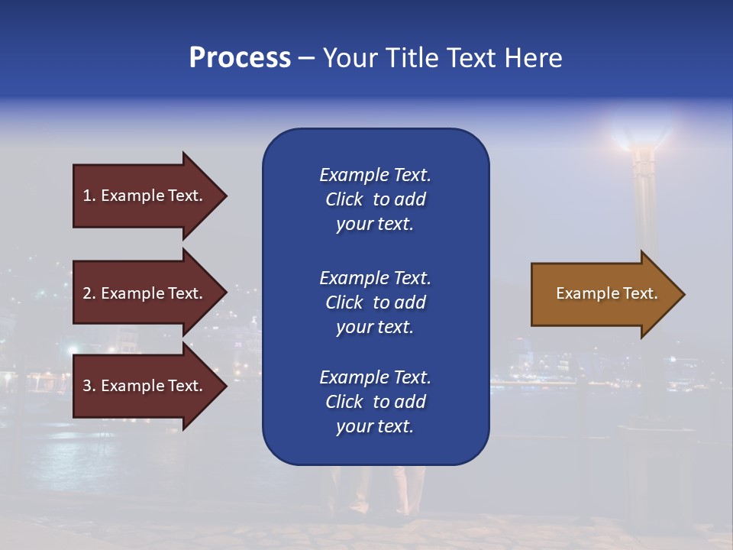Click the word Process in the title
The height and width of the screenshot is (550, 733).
tap(240, 58)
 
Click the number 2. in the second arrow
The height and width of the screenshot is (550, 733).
tap(89, 293)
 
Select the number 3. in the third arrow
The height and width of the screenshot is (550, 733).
tap(89, 386)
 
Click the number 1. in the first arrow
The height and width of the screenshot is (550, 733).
tap(89, 196)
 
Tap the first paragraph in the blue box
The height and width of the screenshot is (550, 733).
tap(375, 199)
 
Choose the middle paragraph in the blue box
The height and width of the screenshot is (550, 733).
tap(375, 302)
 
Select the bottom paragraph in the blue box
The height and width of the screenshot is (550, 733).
tap(375, 402)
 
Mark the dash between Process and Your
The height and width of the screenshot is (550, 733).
tap(306, 59)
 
